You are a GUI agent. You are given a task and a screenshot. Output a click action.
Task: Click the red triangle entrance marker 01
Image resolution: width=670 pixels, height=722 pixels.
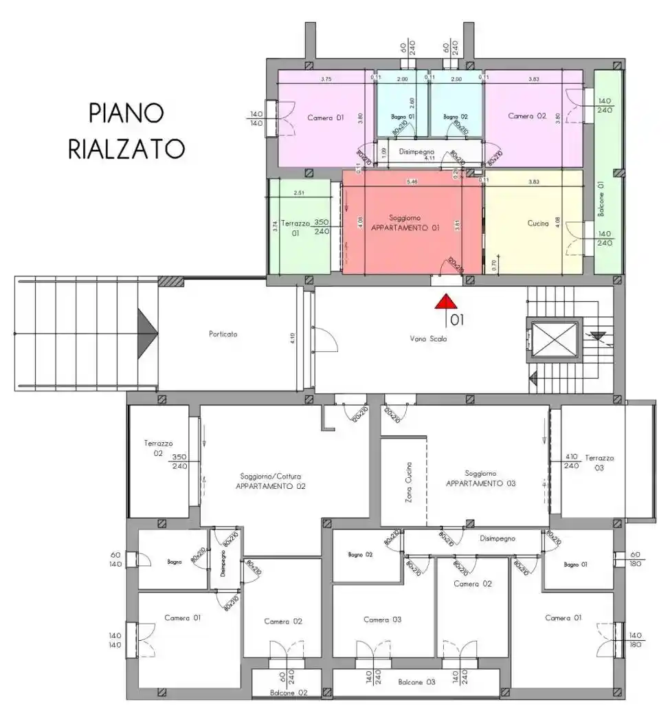445,302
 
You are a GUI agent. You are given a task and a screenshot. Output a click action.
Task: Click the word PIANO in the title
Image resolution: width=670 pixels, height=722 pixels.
126,113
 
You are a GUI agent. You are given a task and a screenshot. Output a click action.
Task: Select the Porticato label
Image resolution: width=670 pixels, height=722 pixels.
223,334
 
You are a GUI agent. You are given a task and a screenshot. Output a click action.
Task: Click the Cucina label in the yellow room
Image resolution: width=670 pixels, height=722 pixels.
538,223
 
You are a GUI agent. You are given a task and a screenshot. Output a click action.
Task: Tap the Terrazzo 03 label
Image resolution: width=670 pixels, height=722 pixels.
599,462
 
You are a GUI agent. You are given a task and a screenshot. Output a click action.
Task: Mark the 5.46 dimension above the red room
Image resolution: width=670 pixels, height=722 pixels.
412,182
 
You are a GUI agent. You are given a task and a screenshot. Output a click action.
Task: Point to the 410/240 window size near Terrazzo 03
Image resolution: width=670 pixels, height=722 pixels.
571,461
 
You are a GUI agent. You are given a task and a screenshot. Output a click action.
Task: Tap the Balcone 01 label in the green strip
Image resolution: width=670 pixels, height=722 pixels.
601,199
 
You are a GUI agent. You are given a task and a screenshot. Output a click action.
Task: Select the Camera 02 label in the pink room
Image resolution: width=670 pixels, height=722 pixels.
526,116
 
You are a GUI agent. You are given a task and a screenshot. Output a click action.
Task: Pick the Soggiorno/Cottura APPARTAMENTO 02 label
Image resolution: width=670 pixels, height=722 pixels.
271,481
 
